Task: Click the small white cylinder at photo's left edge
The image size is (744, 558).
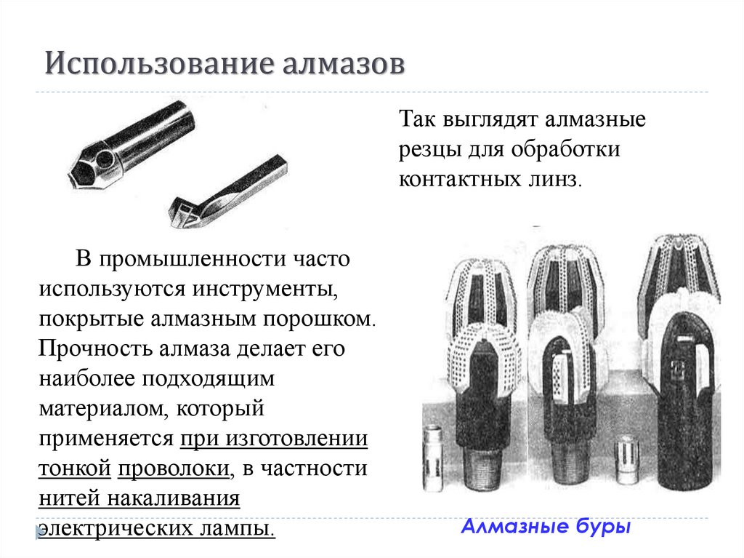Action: click(x=434, y=455)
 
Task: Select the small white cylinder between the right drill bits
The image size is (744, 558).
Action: click(x=626, y=459)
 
